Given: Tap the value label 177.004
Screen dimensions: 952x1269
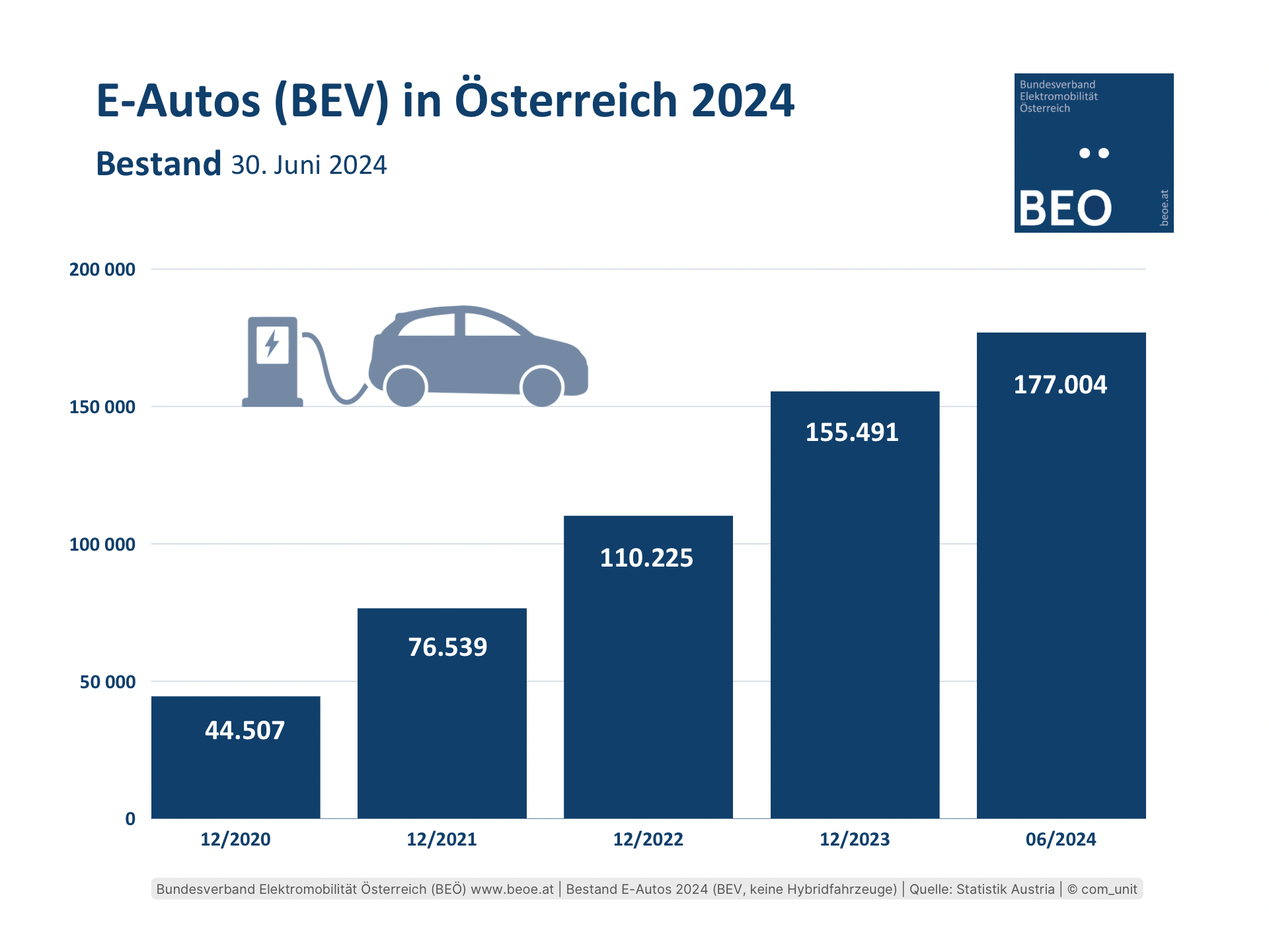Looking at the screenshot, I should coord(1060,385).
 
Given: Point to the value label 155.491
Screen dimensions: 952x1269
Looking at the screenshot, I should coord(852,432).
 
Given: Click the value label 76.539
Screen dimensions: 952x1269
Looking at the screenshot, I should coord(447,647).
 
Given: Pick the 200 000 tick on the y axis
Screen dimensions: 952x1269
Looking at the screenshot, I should coord(102,270).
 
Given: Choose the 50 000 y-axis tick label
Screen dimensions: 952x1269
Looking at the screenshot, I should coord(108,682).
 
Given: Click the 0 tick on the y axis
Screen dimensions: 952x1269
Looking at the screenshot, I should coord(130,819).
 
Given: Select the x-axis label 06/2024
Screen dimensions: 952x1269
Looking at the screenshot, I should coord(1061,840).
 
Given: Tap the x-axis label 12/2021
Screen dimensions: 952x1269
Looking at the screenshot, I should coord(442,840).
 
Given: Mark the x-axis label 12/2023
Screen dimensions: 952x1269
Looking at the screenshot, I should coord(855,840).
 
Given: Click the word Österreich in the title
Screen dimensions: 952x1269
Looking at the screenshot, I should coord(566,100).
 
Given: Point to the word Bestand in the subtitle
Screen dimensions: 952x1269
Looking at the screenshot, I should coord(159,164).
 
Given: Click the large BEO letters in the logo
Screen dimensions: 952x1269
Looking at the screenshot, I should coord(1065,209).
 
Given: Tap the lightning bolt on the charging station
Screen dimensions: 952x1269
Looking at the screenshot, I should coord(272,344).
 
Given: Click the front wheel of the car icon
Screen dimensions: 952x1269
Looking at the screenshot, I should coord(541,387).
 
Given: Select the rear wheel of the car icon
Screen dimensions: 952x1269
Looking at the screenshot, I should coord(405,387).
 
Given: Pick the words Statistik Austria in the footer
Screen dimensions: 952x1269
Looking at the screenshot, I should coord(1005,889).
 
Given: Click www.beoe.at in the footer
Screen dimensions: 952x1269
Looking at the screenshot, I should coord(512,889).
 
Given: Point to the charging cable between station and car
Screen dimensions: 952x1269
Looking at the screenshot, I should coord(330,377).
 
